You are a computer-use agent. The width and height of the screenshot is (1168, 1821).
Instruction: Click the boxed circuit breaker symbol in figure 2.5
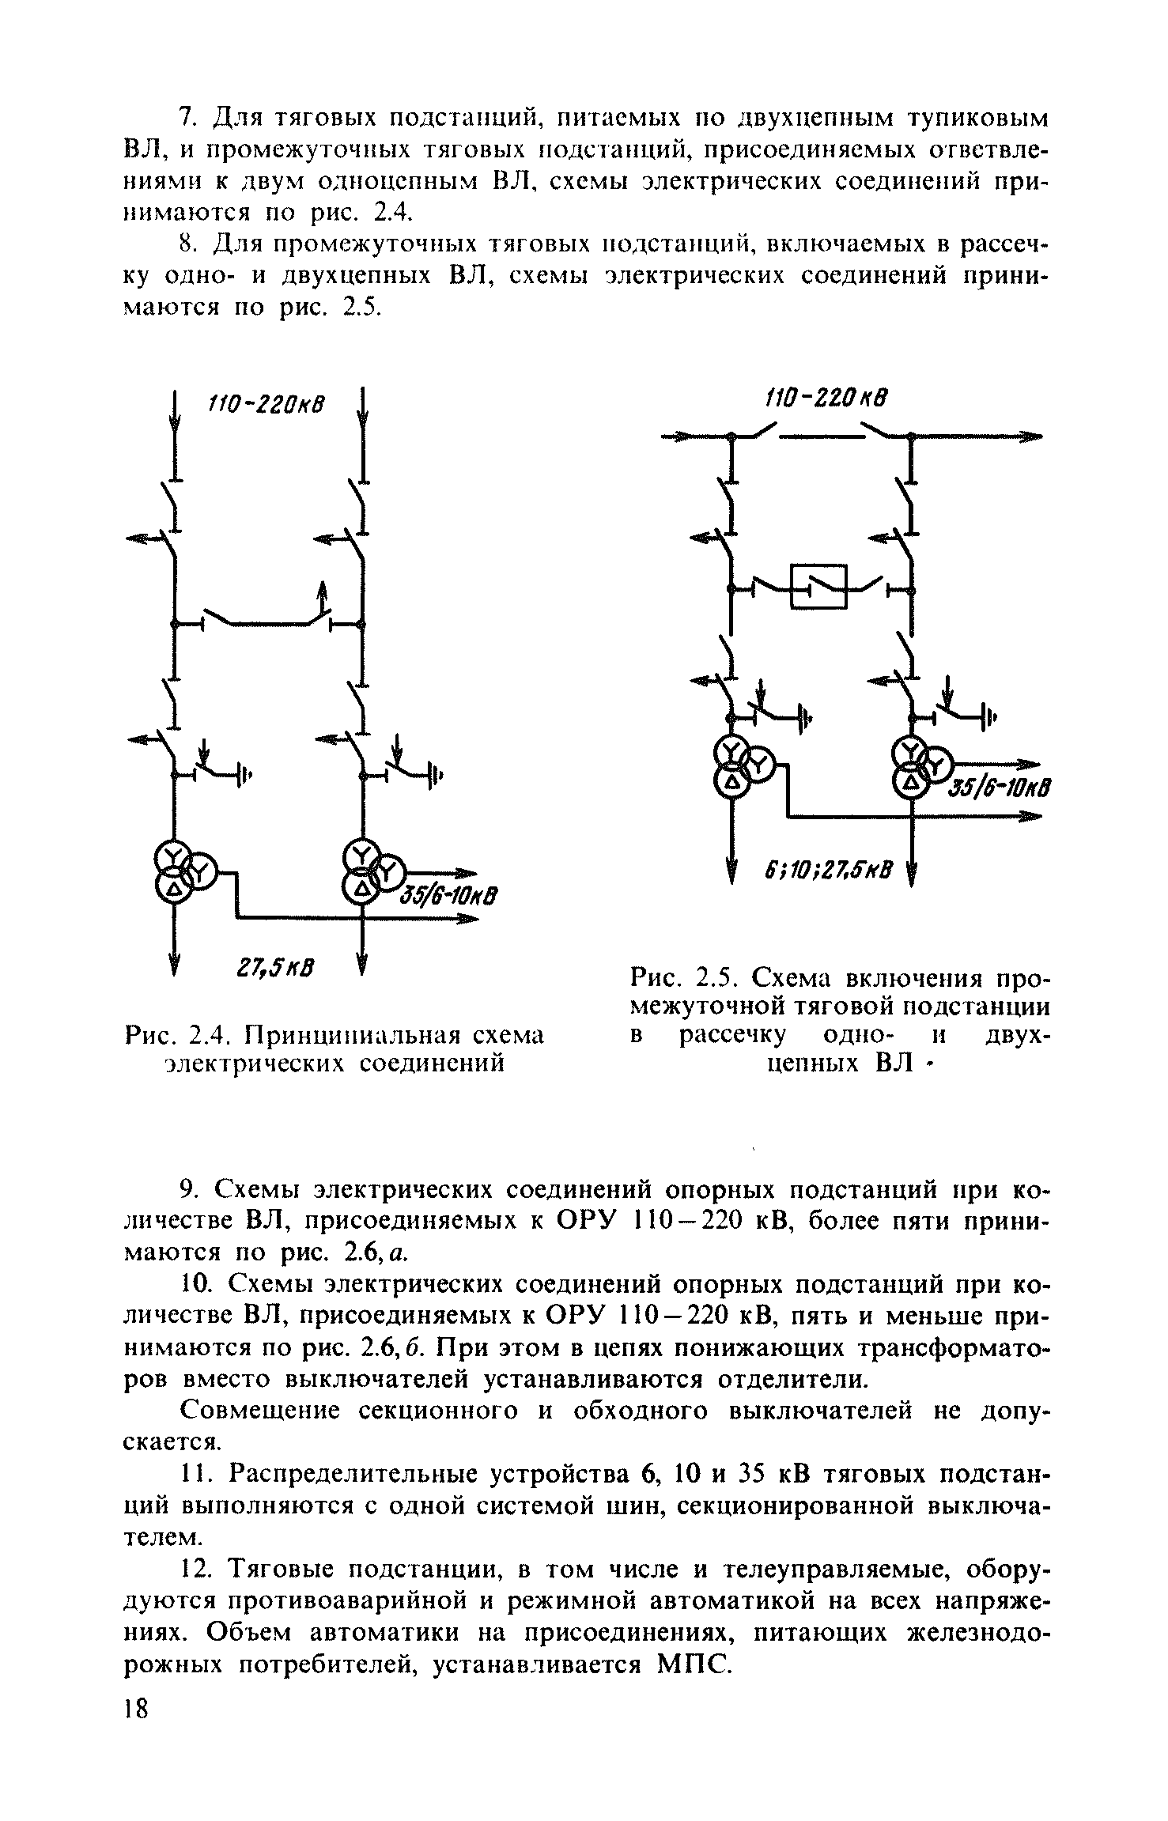click(818, 586)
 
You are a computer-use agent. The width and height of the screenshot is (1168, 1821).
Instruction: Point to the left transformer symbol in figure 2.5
click(739, 765)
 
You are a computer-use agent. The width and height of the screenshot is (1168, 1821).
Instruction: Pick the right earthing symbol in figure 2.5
click(988, 716)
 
